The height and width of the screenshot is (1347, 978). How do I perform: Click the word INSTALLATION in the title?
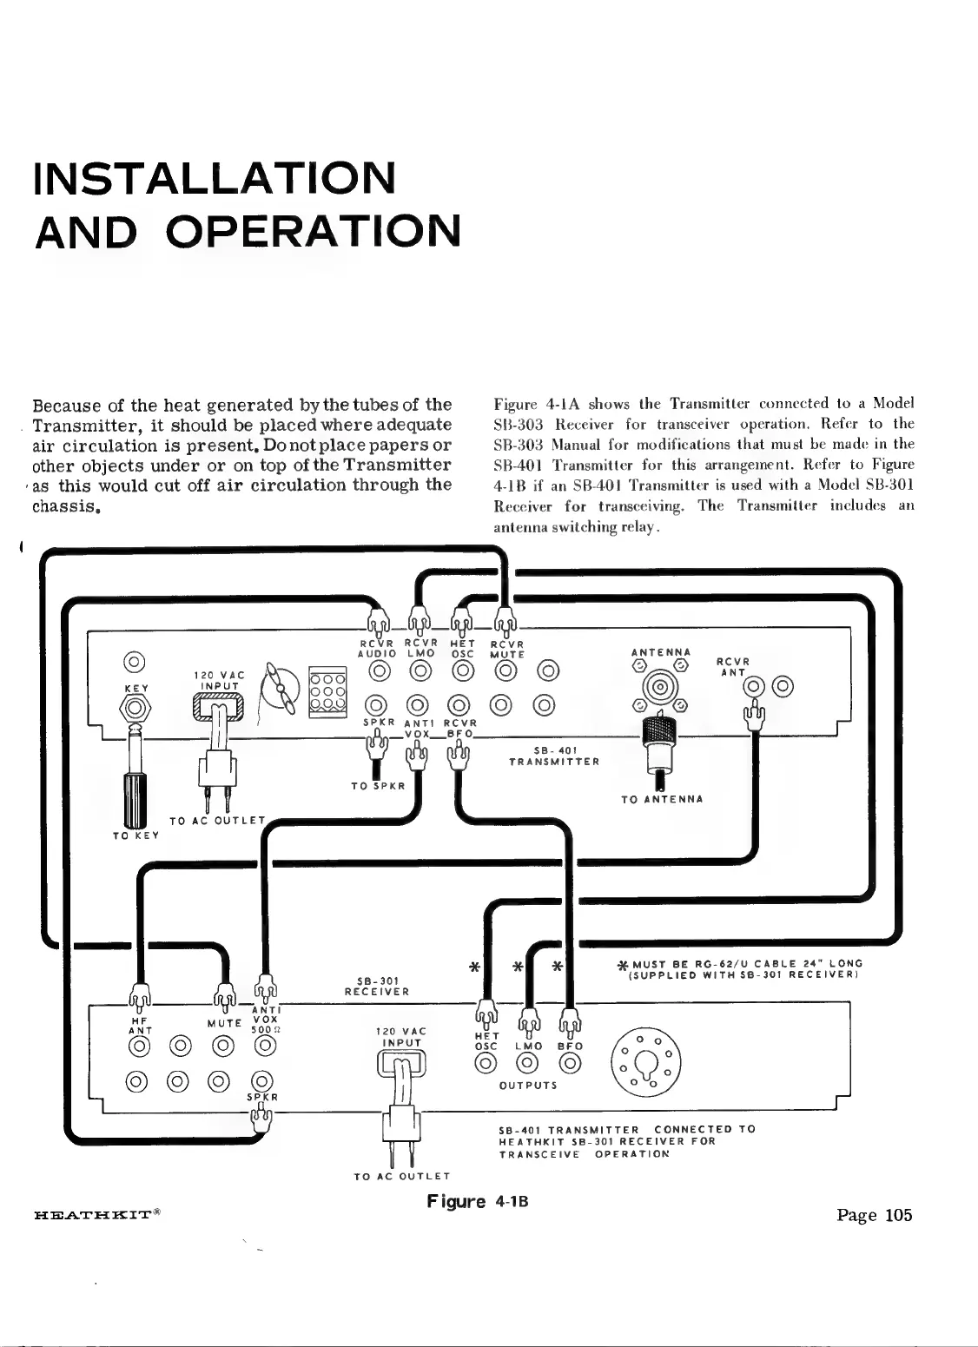[214, 177]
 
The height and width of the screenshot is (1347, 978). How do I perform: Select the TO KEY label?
[129, 836]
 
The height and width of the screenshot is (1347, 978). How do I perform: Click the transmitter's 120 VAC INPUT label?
[218, 679]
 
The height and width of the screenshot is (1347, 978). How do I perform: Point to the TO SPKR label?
[379, 786]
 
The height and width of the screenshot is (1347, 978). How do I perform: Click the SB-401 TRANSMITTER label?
[554, 756]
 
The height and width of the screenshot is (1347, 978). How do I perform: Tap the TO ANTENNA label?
[662, 799]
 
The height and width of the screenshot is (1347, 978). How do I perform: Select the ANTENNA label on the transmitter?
[661, 651]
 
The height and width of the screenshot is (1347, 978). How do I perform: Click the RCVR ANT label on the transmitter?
[733, 666]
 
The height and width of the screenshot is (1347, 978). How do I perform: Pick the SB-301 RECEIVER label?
[377, 985]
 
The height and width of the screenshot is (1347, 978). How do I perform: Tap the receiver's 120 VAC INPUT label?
[401, 1036]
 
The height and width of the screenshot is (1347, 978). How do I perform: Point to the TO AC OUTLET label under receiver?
[401, 1177]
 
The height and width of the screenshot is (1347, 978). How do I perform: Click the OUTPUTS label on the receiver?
[528, 1085]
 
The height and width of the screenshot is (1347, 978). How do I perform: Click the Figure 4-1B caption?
[478, 1202]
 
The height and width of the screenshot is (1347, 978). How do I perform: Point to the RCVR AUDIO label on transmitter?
[378, 648]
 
